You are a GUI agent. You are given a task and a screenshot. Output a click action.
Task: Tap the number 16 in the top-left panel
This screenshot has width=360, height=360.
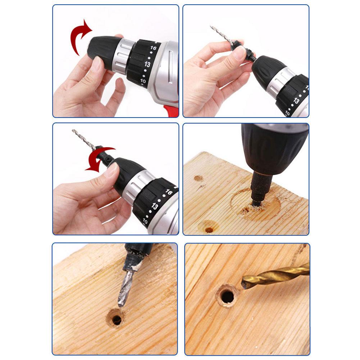click(x=153, y=48)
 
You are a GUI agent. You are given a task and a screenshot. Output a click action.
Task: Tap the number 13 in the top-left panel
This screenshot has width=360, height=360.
click(x=147, y=64)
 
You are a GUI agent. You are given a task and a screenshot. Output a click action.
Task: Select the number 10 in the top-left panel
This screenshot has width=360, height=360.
click(x=143, y=81)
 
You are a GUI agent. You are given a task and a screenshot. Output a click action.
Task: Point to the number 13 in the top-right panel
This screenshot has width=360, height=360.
click(x=296, y=101)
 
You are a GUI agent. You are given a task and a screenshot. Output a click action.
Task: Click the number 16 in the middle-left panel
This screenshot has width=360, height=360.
click(x=169, y=192)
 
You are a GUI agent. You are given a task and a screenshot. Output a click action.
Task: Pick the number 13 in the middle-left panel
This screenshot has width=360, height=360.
click(x=155, y=206)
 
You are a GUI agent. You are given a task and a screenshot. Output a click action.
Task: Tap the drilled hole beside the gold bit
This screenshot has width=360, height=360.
click(x=227, y=296)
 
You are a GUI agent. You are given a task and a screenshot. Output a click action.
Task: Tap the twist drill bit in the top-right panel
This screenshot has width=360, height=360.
click(x=220, y=35)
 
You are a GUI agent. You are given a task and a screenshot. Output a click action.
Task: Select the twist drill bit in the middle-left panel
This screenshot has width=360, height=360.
click(x=84, y=139)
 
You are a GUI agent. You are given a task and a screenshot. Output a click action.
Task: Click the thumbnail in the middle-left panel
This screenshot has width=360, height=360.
click(x=113, y=169)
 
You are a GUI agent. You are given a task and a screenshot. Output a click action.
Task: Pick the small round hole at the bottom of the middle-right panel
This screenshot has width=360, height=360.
click(x=209, y=230)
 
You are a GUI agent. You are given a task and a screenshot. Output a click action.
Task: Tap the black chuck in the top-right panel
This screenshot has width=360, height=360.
click(x=268, y=72)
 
